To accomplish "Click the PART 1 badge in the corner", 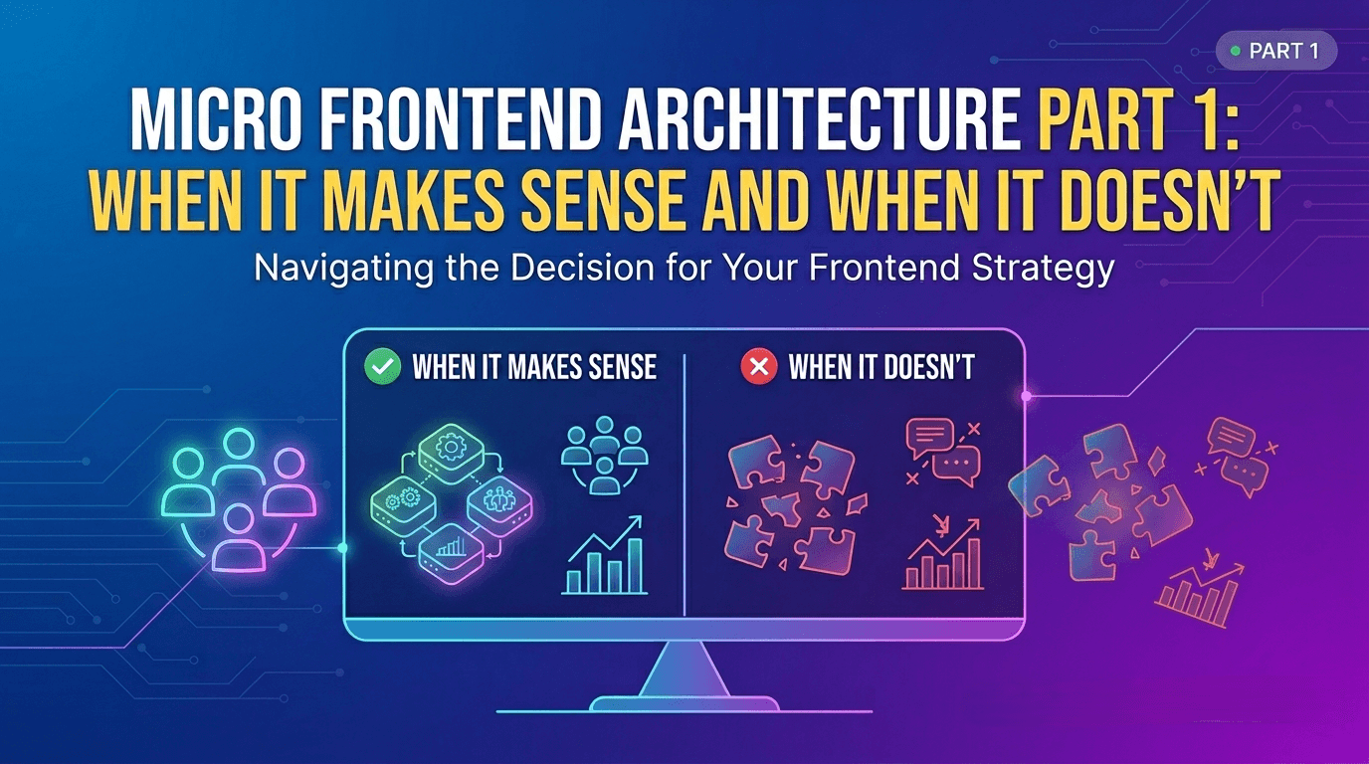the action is coord(1276,51).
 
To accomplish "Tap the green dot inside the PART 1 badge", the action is coord(1235,52).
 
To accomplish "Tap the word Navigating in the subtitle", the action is coord(343,269).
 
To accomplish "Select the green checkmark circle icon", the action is coord(383,367).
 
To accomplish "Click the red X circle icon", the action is coord(759,367).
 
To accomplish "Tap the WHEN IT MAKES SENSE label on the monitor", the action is coord(535,367).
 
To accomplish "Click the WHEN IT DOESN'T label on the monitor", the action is coord(881,367).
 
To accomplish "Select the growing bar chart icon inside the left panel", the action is coord(605,555).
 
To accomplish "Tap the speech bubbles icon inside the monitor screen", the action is coord(943,453).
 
